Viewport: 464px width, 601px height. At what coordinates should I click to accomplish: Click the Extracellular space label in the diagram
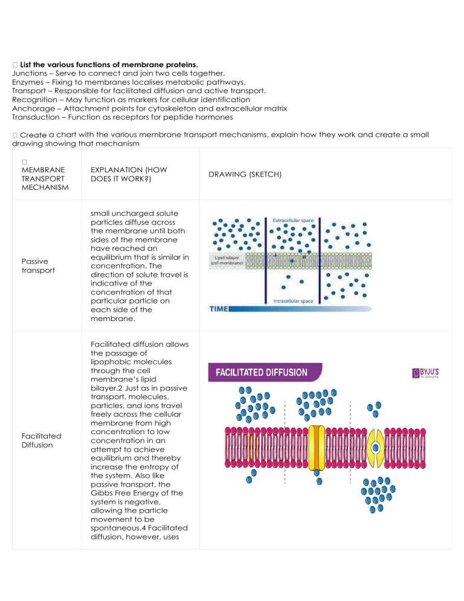[x=292, y=221]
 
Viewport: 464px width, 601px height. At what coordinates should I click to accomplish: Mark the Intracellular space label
[x=292, y=300]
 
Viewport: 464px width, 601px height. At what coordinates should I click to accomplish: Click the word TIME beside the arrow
[x=218, y=309]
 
